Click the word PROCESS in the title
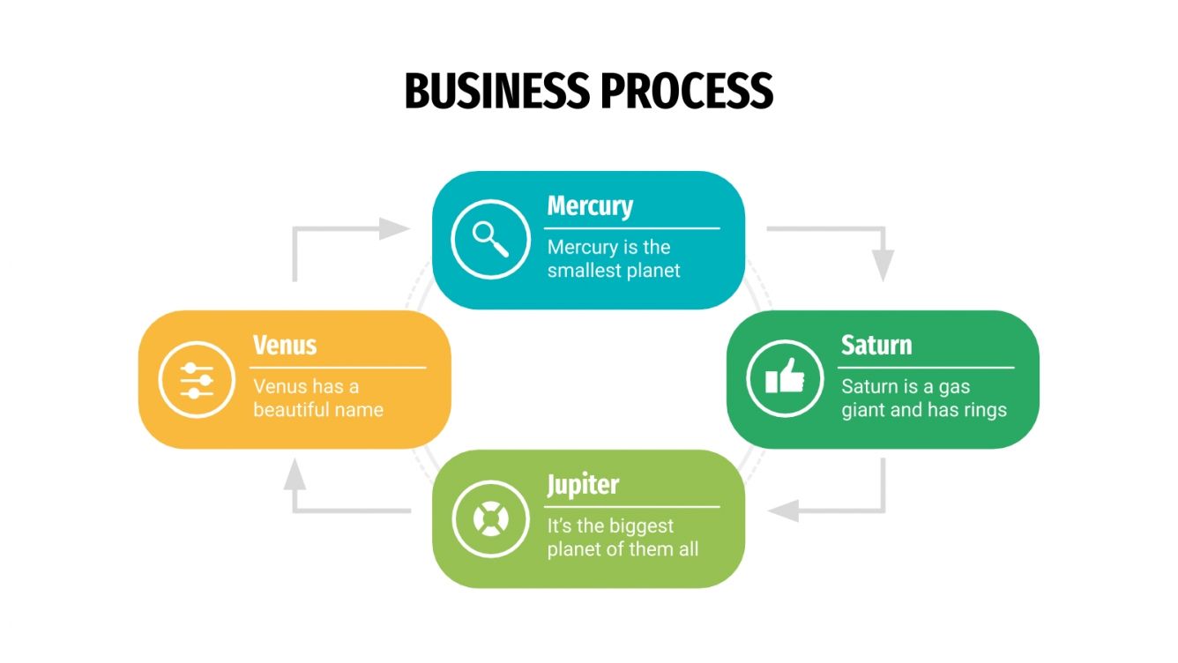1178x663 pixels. [687, 91]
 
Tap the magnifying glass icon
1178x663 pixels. [490, 239]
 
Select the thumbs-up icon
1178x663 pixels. [785, 378]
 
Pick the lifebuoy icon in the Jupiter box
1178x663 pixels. [490, 518]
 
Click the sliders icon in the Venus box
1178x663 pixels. [197, 380]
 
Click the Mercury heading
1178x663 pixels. [590, 206]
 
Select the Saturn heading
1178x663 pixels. [876, 345]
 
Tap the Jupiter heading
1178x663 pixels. [583, 485]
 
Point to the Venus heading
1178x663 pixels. [284, 345]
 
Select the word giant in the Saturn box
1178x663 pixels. [864, 410]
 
